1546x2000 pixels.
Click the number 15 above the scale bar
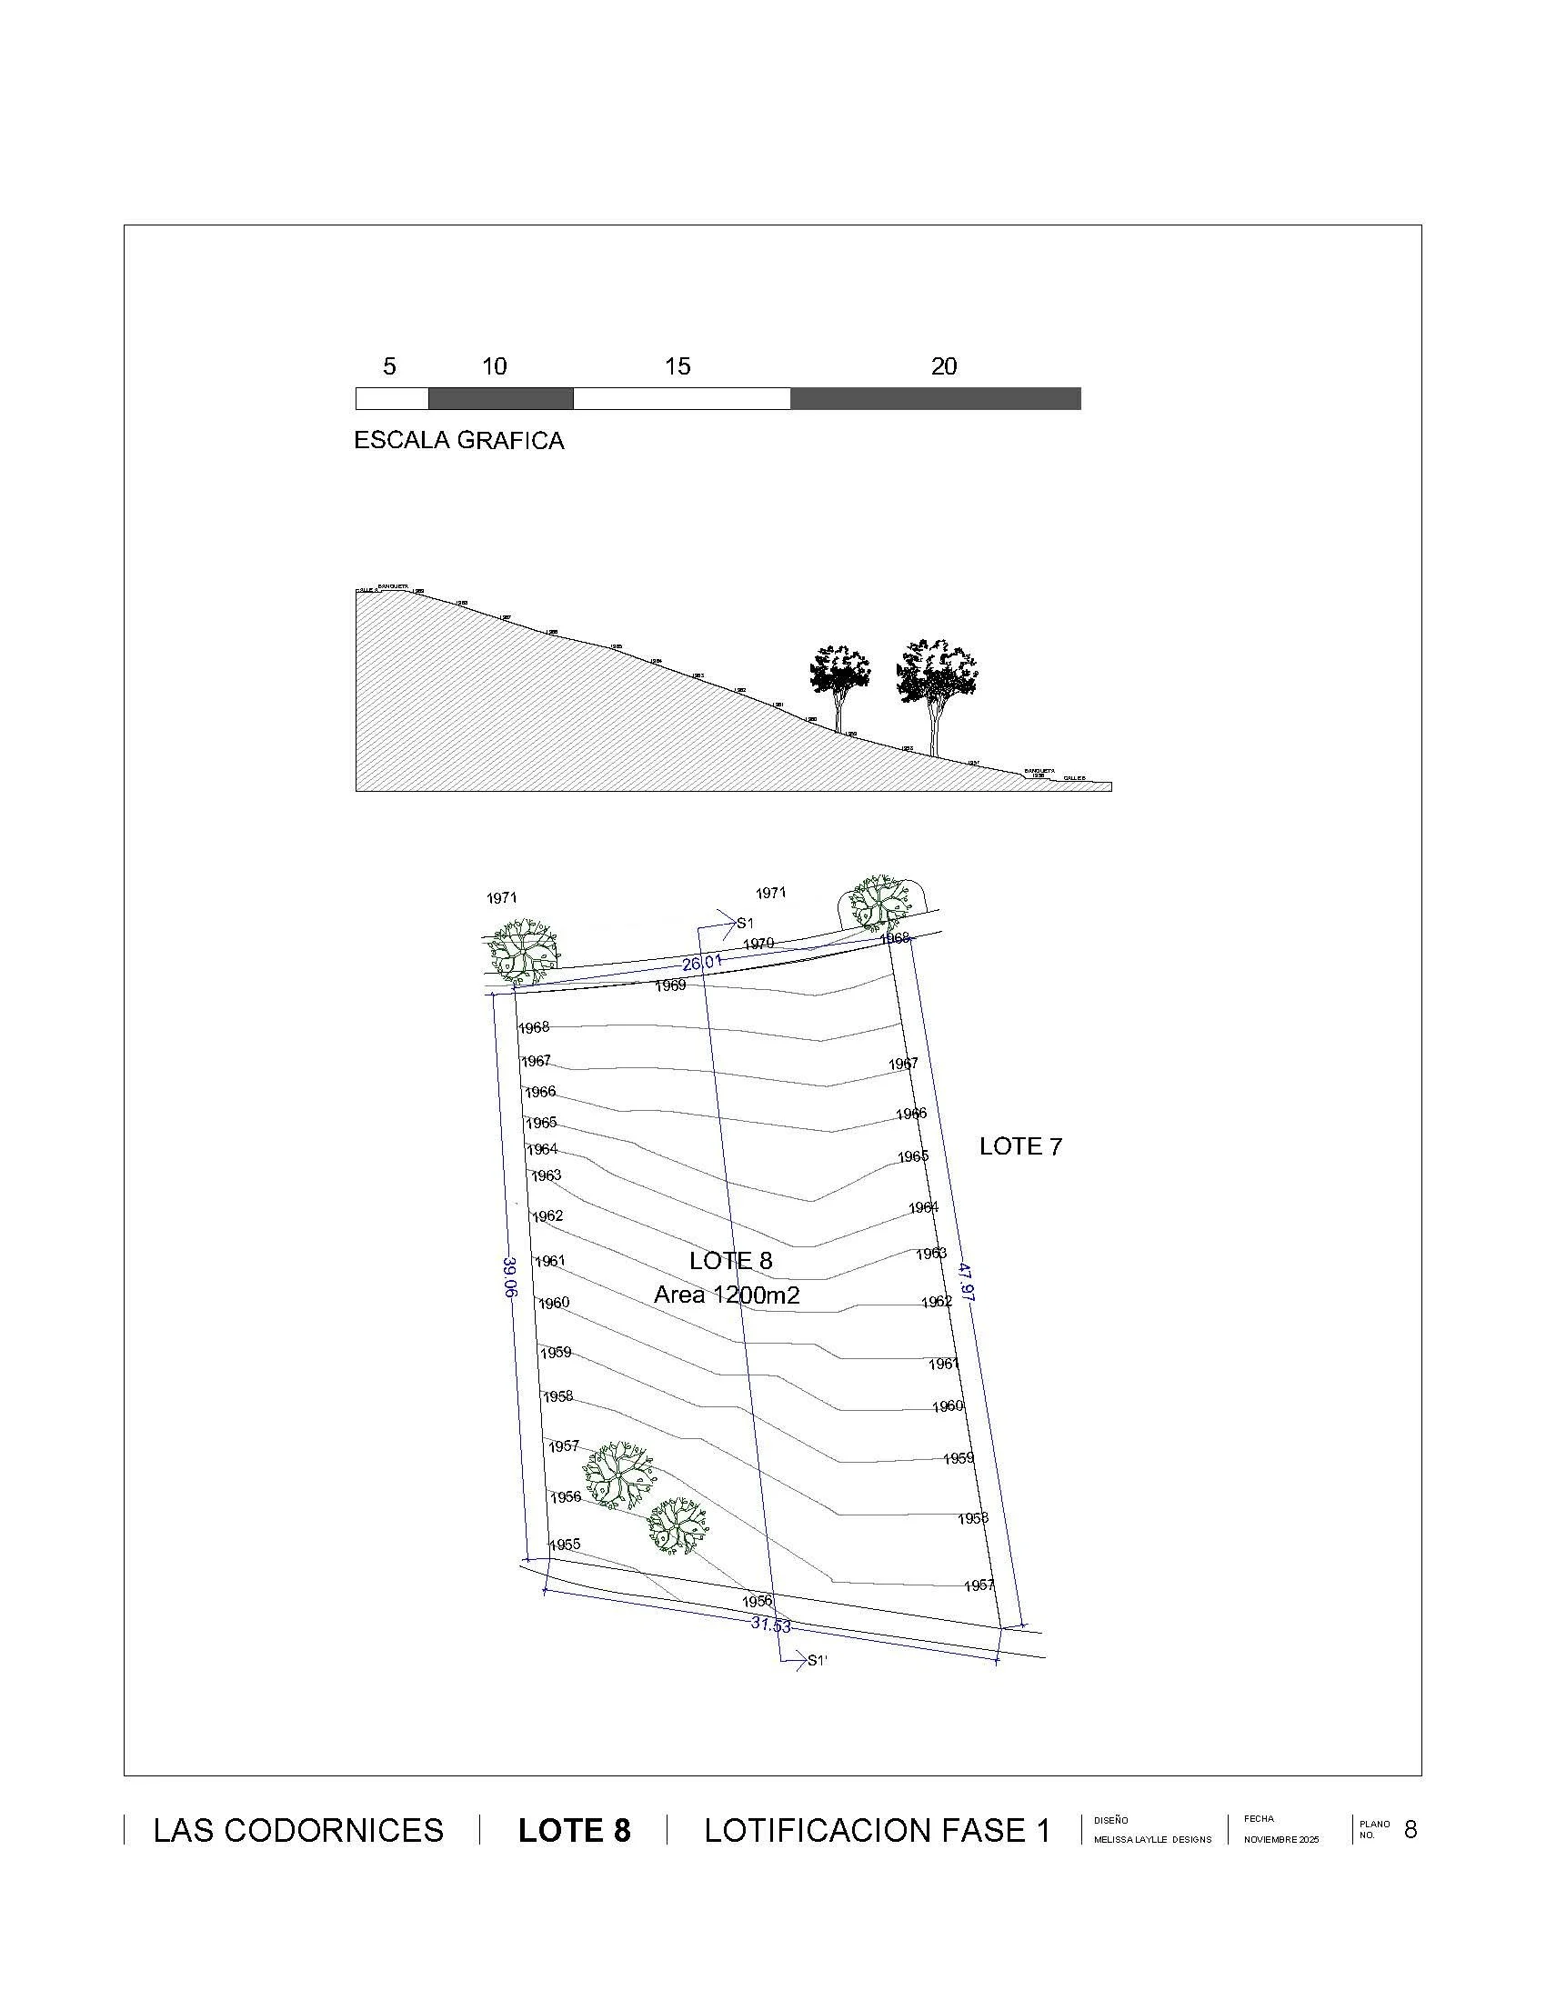pyautogui.click(x=677, y=366)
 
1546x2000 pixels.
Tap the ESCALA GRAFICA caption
pyautogui.click(x=459, y=441)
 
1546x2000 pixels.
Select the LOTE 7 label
pyautogui.click(x=1020, y=1146)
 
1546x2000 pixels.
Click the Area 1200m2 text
pyautogui.click(x=727, y=1295)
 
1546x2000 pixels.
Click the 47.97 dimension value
pyautogui.click(x=965, y=1281)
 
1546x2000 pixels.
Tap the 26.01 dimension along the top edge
pyautogui.click(x=701, y=963)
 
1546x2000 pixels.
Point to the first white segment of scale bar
pyautogui.click(x=392, y=398)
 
